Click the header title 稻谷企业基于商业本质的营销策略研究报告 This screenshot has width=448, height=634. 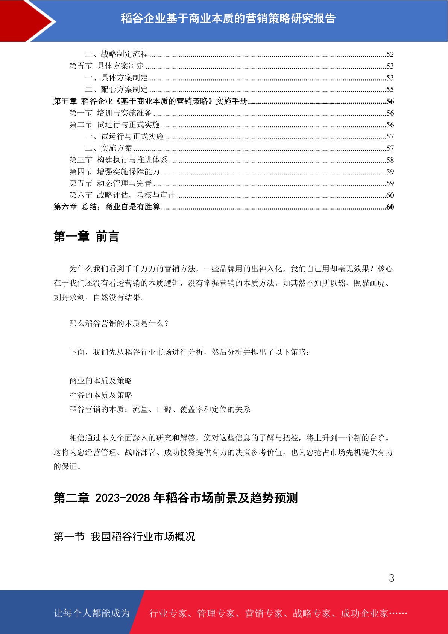click(x=228, y=18)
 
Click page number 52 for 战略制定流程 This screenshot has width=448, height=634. click(x=390, y=55)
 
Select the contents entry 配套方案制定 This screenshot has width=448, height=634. click(x=124, y=90)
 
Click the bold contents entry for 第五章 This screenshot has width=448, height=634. click(x=150, y=101)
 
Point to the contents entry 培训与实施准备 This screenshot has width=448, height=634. click(x=124, y=113)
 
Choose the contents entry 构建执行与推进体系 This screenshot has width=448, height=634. click(x=132, y=160)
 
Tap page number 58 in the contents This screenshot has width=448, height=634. click(x=390, y=160)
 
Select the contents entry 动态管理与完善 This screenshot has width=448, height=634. click(x=124, y=183)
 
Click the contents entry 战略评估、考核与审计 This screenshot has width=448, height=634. click(x=136, y=195)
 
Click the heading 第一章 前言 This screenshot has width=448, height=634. click(x=86, y=236)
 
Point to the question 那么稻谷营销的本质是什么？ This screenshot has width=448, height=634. click(x=119, y=323)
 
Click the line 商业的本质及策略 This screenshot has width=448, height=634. click(x=101, y=381)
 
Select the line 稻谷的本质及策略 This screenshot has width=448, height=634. click(x=101, y=395)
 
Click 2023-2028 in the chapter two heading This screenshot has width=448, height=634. click(x=123, y=498)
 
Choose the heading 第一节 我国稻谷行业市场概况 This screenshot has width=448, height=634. click(x=124, y=536)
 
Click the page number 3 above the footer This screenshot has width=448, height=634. click(x=391, y=578)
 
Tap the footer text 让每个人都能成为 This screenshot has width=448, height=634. click(x=92, y=613)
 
